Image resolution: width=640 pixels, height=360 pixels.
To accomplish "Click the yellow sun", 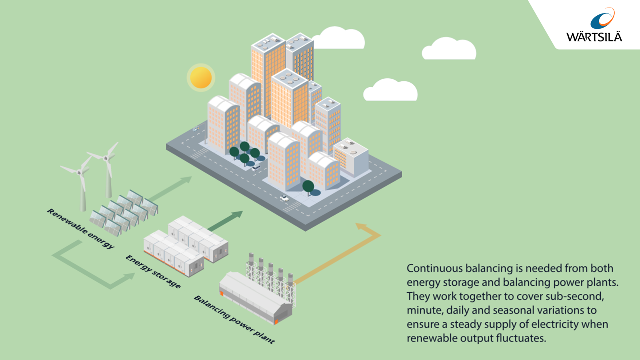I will point(201,77).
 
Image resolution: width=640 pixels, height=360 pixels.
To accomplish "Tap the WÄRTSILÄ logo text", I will point(594,37).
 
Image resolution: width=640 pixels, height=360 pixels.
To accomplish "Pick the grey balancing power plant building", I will point(255,297).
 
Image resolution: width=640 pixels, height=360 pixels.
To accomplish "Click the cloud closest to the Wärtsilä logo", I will point(448,49).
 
